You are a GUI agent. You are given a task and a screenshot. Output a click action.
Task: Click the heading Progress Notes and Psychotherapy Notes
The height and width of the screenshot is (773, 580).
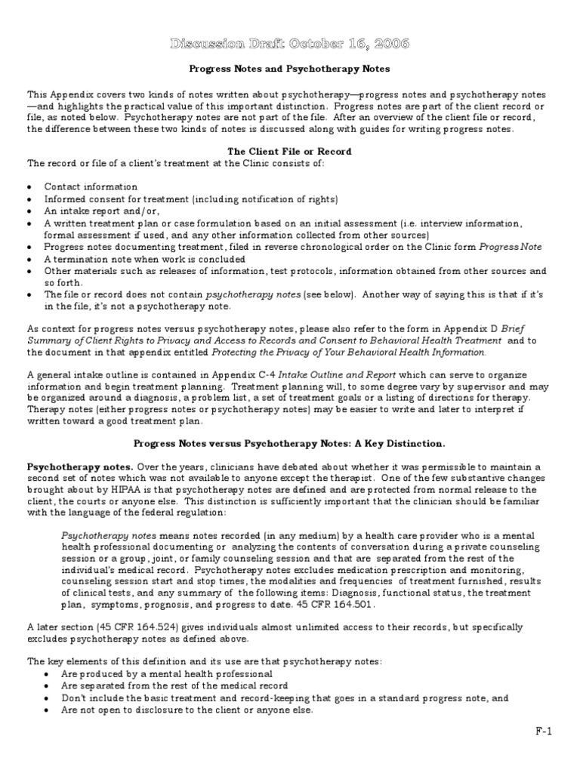289,69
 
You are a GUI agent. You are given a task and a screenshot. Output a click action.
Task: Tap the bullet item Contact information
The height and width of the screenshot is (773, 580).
91,186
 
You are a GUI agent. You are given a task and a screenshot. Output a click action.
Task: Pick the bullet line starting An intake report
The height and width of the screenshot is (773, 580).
88,211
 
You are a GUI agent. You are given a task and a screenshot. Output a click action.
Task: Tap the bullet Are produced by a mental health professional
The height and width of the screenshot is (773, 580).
158,673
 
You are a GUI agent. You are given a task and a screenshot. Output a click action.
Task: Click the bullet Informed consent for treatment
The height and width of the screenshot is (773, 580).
190,199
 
